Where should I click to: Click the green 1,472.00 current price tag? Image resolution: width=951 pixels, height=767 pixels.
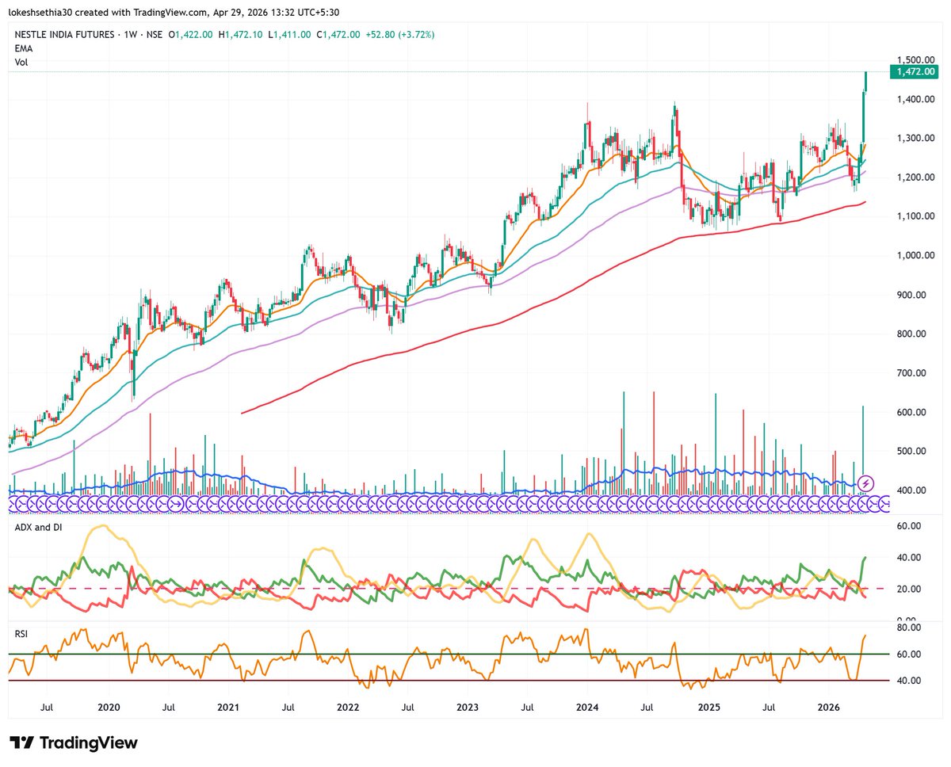pyautogui.click(x=915, y=72)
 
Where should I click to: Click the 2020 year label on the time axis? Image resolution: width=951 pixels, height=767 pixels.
pyautogui.click(x=109, y=706)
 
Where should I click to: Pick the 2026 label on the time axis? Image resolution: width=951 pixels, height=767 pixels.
pyautogui.click(x=828, y=706)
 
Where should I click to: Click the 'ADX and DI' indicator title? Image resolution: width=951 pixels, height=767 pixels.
pyautogui.click(x=37, y=525)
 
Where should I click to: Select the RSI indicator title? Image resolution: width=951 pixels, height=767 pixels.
pyautogui.click(x=22, y=633)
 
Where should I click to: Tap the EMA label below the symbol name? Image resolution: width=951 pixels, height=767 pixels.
pyautogui.click(x=23, y=48)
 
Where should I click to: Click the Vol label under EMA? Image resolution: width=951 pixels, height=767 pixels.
pyautogui.click(x=21, y=62)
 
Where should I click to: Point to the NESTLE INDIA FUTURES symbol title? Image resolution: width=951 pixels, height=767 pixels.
pyautogui.click(x=68, y=35)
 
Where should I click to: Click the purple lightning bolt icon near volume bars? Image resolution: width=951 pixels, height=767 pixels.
pyautogui.click(x=867, y=483)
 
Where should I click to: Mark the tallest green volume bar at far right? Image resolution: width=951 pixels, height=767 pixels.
pyautogui.click(x=863, y=444)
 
